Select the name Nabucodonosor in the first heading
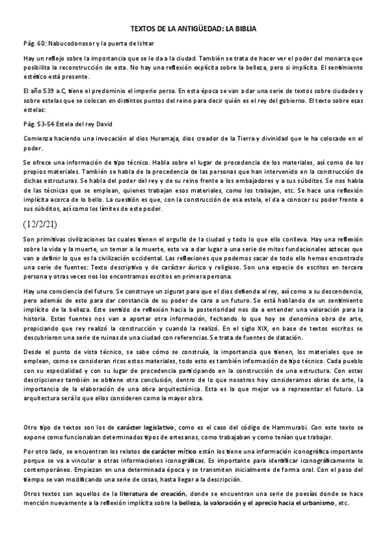(74, 43)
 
